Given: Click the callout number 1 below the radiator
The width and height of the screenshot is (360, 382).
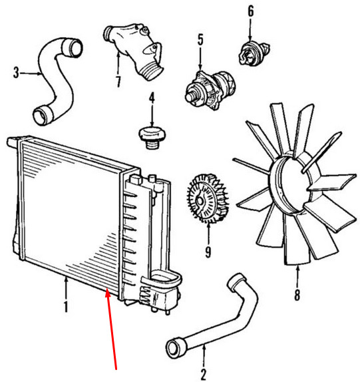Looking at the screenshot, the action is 65,307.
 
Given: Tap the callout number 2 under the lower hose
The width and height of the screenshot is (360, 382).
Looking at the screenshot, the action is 204,375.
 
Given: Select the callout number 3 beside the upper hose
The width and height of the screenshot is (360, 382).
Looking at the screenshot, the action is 16,73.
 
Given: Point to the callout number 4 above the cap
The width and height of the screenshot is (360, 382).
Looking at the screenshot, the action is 152,97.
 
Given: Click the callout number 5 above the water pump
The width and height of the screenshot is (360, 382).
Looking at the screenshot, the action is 200,40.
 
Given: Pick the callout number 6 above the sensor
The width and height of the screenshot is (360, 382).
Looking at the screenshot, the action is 251,11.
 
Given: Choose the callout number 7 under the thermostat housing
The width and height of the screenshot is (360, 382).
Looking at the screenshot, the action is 118,82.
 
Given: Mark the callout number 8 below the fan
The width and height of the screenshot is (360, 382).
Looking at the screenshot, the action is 297,295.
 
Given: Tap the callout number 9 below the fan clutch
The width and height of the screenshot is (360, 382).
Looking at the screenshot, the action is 208,252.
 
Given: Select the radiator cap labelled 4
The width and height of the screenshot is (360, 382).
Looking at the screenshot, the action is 152,137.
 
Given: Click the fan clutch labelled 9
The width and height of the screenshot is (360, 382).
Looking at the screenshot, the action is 207,198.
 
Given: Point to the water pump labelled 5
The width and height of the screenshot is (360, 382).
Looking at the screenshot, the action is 210,89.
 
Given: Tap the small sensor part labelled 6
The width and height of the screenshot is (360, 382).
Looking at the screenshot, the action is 254,53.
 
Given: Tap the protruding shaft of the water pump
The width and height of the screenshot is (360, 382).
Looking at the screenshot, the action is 191,96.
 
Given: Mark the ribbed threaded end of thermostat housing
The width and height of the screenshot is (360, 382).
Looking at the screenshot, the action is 152,71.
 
